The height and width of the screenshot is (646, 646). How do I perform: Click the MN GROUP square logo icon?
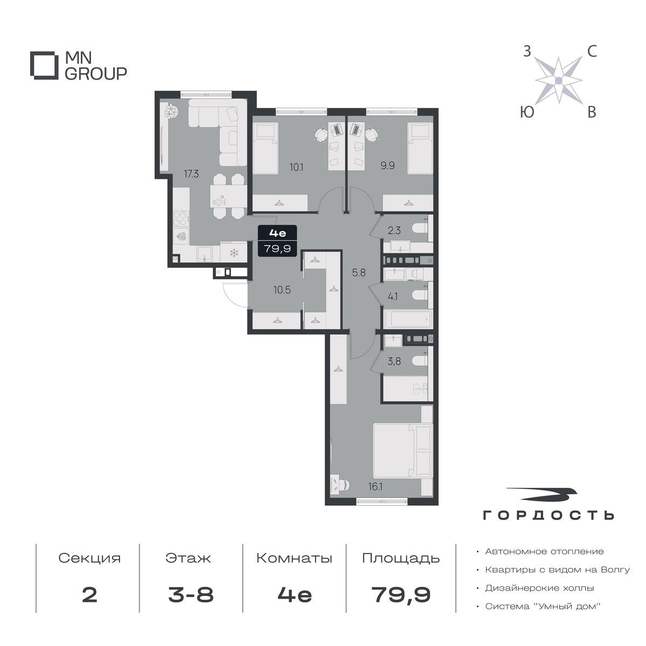[x=42, y=65]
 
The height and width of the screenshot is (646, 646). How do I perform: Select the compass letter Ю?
[x=527, y=112]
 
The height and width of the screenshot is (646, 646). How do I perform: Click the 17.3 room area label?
[x=191, y=174]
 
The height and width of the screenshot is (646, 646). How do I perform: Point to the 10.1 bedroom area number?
[x=296, y=166]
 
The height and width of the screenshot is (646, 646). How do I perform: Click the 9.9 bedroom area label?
[x=387, y=166]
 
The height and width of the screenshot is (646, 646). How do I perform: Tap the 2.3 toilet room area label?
[x=394, y=230]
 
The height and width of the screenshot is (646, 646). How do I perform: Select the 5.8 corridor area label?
[x=359, y=272]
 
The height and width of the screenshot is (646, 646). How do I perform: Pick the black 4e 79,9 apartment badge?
[x=277, y=241]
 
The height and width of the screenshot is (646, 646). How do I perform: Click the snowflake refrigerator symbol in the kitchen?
[x=234, y=253]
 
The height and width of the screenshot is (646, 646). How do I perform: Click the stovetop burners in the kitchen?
[x=181, y=218]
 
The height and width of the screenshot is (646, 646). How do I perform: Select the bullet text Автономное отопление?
[x=544, y=551]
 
